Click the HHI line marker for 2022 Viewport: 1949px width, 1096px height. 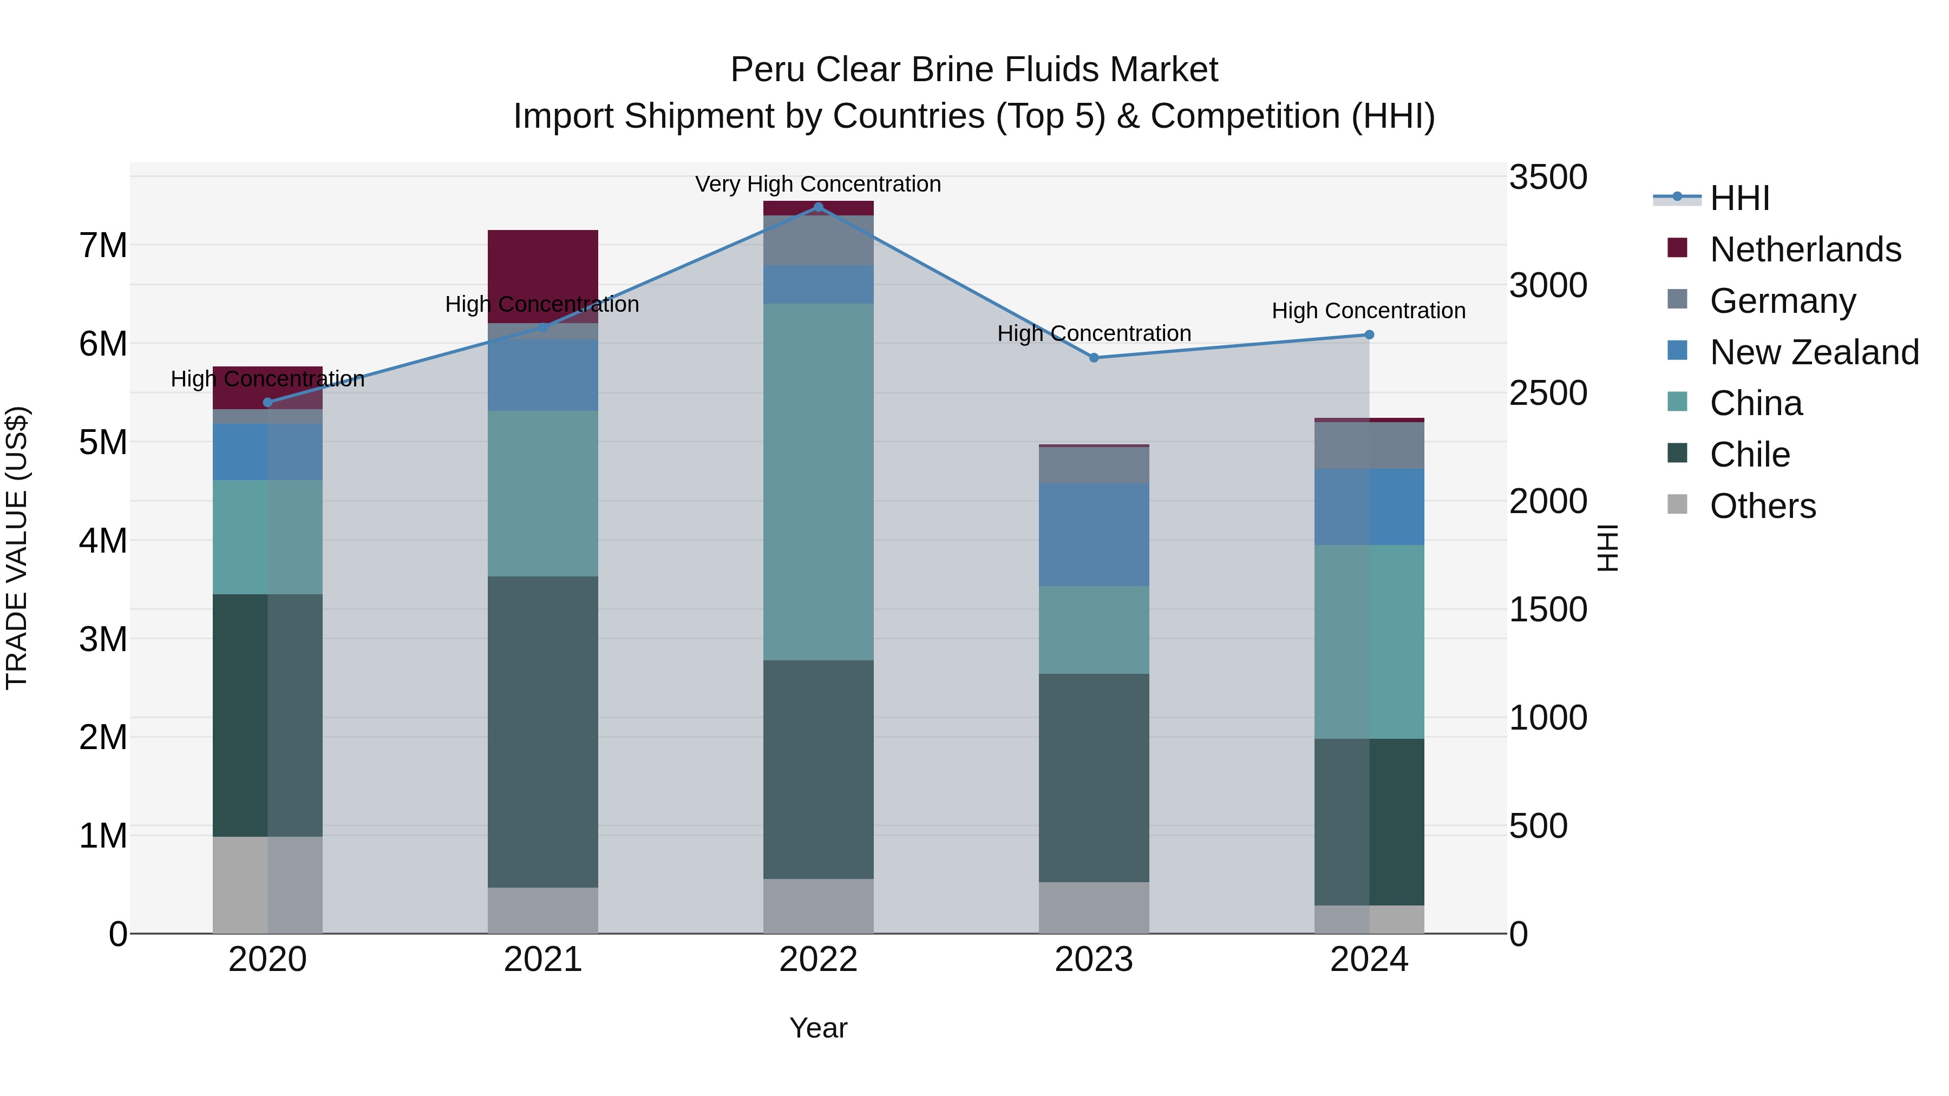818,207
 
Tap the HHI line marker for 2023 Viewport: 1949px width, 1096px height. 1093,358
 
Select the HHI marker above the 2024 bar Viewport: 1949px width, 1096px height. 1369,335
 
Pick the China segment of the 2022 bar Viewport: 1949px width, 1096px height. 818,482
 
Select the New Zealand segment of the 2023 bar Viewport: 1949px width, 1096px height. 1093,535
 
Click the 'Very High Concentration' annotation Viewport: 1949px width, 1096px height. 818,184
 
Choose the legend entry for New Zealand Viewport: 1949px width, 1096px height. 1814,352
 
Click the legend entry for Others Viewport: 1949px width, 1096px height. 1762,506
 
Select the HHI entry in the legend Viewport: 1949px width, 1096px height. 1738,198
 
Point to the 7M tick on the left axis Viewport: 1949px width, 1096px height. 103,246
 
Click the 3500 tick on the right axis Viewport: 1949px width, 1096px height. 1547,178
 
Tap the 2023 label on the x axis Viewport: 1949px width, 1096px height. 1093,960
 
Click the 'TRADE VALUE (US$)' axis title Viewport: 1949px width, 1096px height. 17,548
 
